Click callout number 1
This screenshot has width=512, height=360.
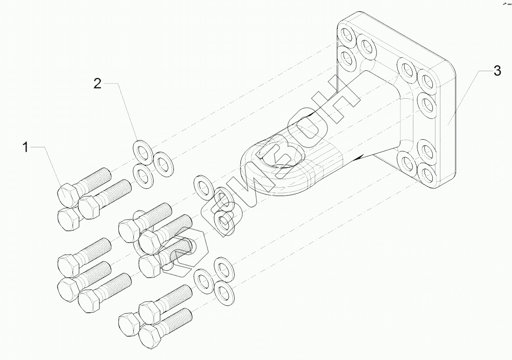pos(26,147)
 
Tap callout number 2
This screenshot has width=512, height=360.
pos(98,83)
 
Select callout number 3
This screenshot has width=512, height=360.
pos(497,71)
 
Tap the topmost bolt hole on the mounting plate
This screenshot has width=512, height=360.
pos(347,35)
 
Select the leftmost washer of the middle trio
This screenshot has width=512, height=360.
pos(203,187)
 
